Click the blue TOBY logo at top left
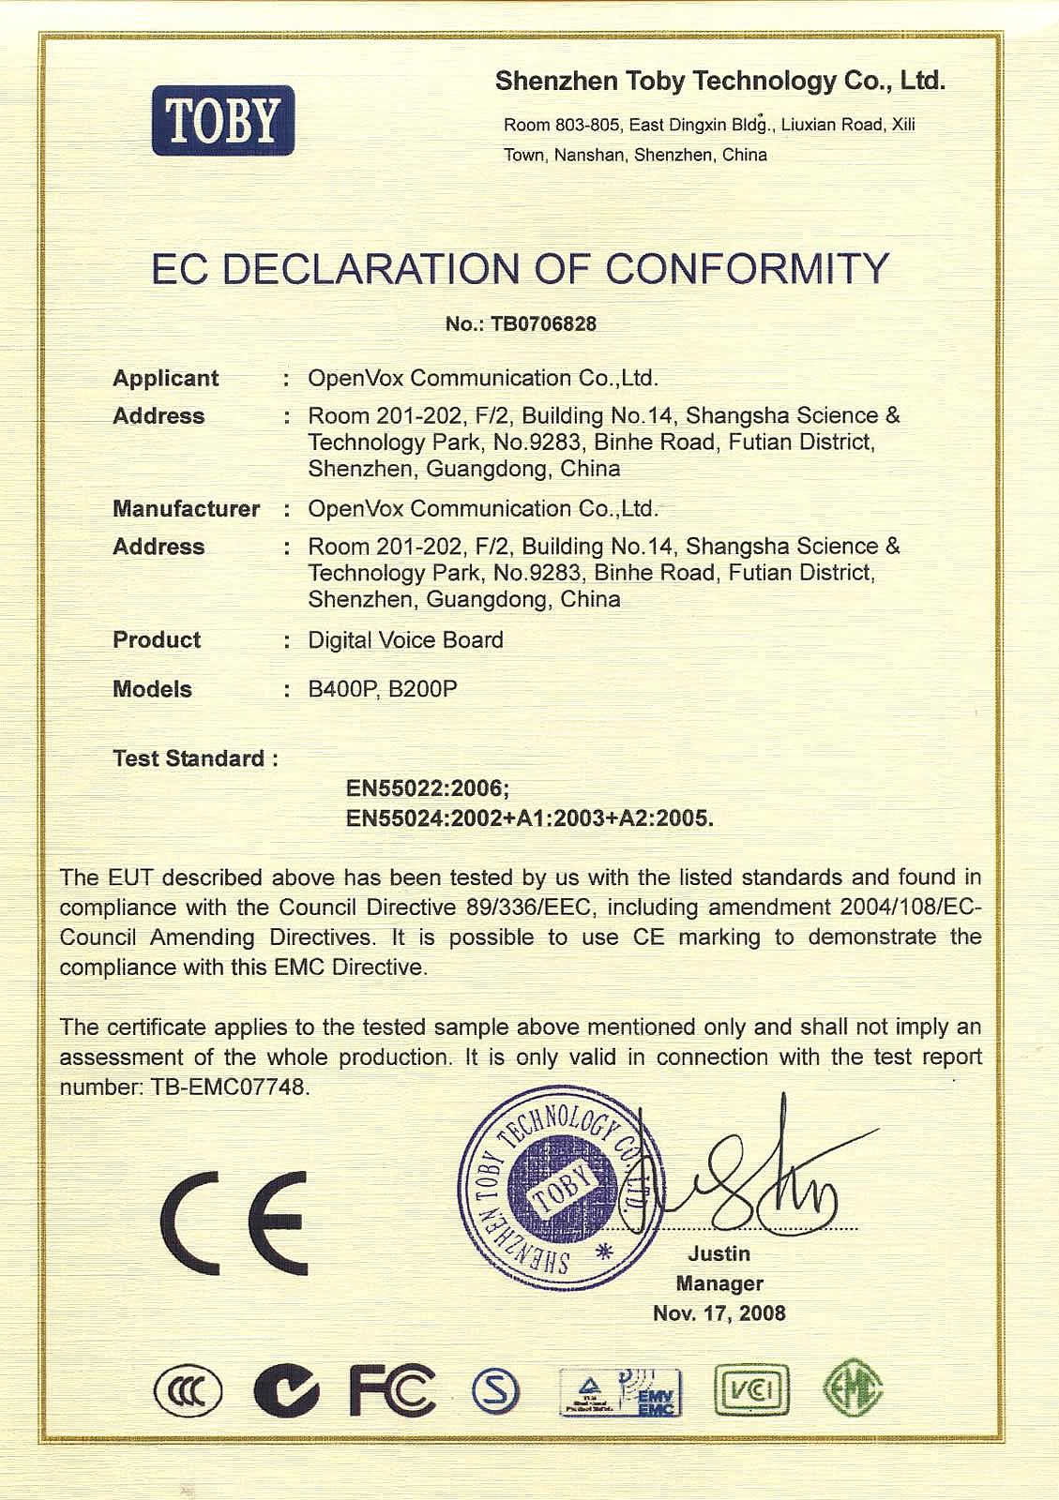pyautogui.click(x=223, y=120)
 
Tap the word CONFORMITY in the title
pyautogui.click(x=746, y=269)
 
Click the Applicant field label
pyautogui.click(x=165, y=378)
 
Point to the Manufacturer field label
pyautogui.click(x=186, y=508)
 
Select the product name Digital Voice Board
pyautogui.click(x=405, y=639)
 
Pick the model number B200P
pyautogui.click(x=423, y=689)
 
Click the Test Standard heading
pyautogui.click(x=194, y=758)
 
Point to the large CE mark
pyautogui.click(x=233, y=1222)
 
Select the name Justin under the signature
pyautogui.click(x=719, y=1253)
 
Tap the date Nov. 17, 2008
pyautogui.click(x=719, y=1313)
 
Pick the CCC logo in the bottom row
pyautogui.click(x=189, y=1390)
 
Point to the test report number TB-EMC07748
pyautogui.click(x=229, y=1087)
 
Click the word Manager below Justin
pyautogui.click(x=719, y=1283)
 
